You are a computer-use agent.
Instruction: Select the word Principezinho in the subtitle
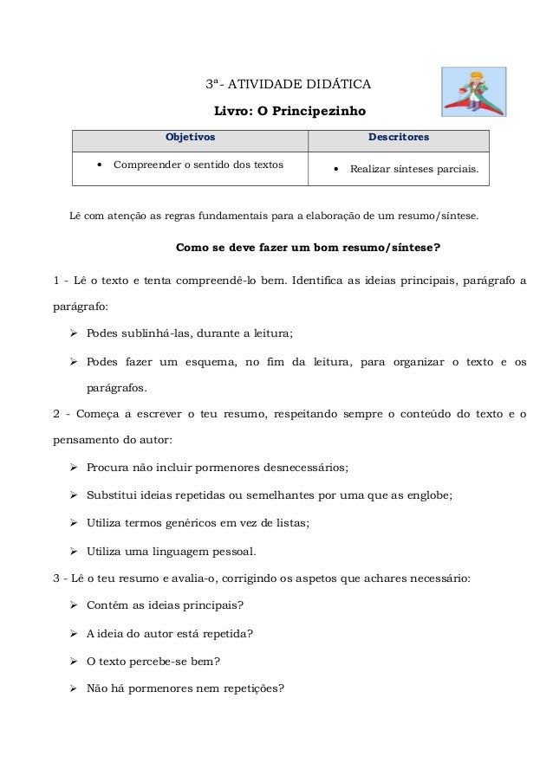[x=322, y=112]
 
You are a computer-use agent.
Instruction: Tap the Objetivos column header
[x=190, y=137]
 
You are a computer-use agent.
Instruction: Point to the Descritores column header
[x=399, y=137]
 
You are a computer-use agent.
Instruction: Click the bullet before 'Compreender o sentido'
[x=101, y=163]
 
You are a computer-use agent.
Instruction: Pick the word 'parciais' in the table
[x=454, y=170]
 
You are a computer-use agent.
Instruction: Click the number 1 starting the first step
[x=56, y=281]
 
